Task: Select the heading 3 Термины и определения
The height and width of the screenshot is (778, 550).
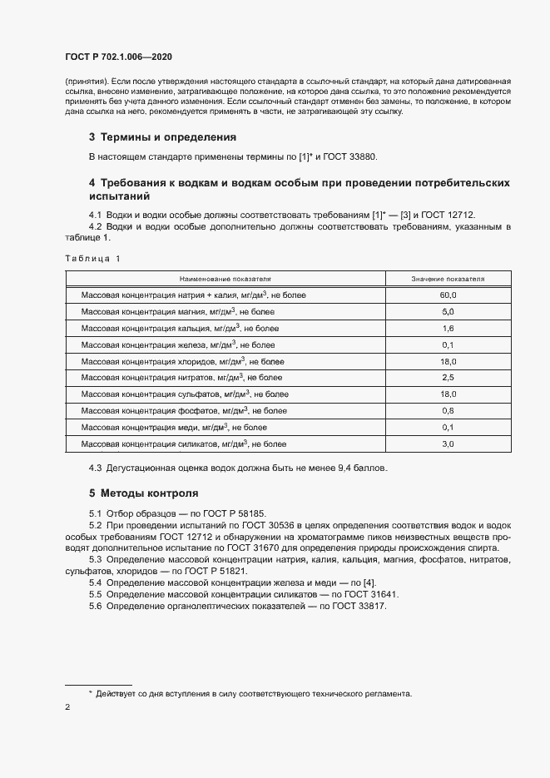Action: (162, 137)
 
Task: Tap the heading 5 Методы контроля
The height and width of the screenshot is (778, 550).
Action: (143, 493)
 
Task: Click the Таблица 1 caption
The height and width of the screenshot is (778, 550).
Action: (92, 259)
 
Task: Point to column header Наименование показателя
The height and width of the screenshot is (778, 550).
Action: (224, 279)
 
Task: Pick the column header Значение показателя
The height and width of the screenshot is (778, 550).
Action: (448, 279)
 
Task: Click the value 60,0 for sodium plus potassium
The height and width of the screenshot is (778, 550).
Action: (448, 295)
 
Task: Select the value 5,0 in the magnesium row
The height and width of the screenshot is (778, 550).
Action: (448, 312)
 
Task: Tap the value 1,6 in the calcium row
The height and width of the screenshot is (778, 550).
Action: (448, 329)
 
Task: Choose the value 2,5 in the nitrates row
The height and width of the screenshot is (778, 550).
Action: (448, 378)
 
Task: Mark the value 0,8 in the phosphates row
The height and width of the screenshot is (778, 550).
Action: (448, 411)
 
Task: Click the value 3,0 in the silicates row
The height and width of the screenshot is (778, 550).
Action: (448, 444)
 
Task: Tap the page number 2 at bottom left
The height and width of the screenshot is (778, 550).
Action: (67, 707)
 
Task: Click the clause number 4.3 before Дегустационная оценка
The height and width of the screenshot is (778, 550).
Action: (95, 468)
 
